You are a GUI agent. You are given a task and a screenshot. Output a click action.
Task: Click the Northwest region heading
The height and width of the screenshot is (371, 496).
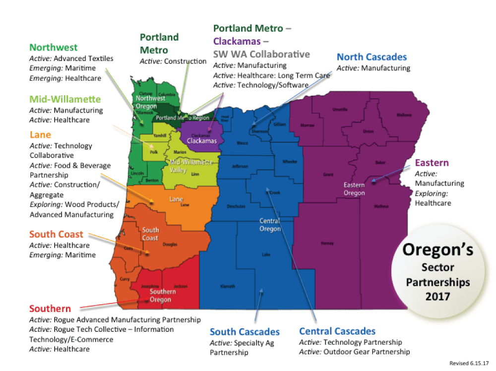click(x=54, y=48)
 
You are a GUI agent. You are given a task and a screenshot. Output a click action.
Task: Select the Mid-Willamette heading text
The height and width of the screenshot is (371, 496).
click(x=65, y=99)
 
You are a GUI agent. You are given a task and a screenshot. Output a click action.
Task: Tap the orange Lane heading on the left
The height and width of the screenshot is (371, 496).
click(x=40, y=135)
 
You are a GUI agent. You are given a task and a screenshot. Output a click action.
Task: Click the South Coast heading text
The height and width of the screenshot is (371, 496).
click(x=56, y=234)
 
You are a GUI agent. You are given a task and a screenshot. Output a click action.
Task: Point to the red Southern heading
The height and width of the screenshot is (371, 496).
click(x=50, y=309)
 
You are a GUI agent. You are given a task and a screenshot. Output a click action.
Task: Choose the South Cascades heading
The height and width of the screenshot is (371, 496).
click(x=245, y=332)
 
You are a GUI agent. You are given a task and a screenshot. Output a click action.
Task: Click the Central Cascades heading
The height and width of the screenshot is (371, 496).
click(x=337, y=331)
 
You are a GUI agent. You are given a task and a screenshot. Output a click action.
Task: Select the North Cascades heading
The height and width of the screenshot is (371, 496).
click(x=372, y=57)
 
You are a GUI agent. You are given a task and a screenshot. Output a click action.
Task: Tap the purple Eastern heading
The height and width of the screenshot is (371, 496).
click(x=432, y=163)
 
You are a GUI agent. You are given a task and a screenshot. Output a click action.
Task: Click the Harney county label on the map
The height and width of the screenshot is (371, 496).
click(x=327, y=244)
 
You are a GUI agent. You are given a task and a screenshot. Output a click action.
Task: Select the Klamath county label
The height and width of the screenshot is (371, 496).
click(x=228, y=286)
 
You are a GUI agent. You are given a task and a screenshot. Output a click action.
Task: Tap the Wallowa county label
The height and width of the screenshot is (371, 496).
click(x=404, y=115)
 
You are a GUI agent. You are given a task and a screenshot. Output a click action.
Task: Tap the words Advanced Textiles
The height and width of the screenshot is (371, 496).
click(x=83, y=59)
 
